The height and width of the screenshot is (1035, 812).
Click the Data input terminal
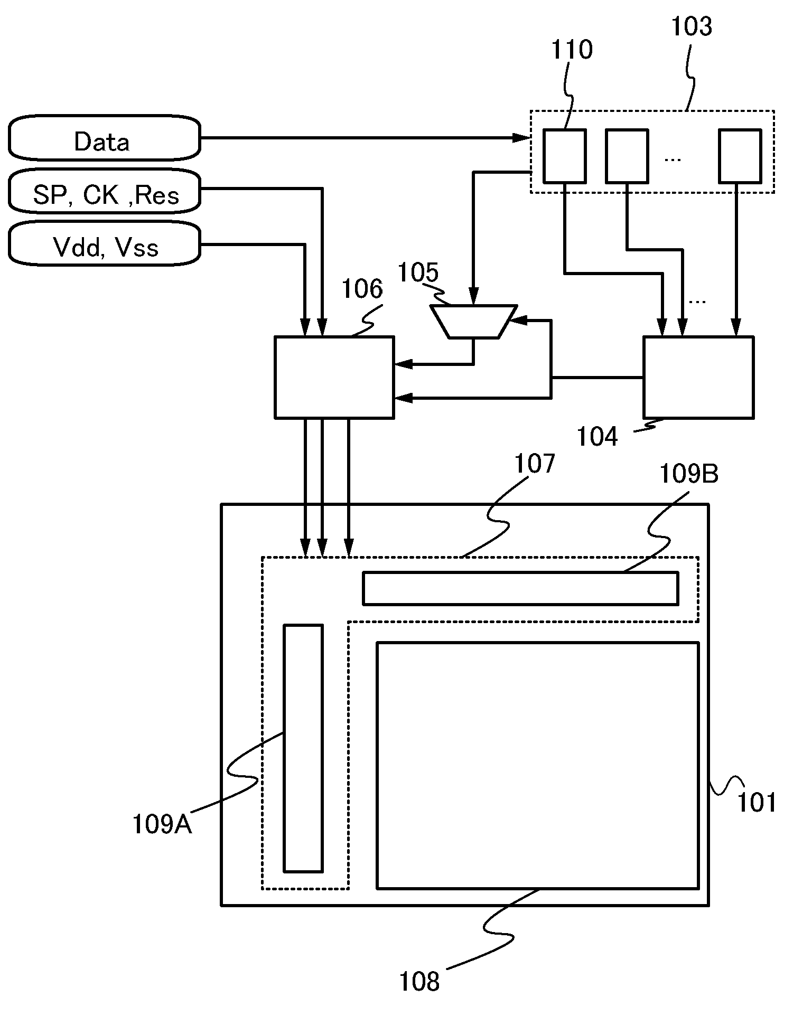104,138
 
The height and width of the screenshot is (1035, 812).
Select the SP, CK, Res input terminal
104,191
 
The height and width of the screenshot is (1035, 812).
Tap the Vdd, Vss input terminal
104,244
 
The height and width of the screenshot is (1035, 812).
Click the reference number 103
691,26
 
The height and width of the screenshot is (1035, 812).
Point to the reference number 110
572,50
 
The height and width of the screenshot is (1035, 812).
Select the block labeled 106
334,377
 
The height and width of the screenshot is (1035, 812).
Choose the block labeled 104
698,377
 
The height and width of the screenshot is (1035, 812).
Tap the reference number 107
535,463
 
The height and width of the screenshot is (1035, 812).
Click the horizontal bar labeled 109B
520,588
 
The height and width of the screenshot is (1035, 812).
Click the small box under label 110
565,156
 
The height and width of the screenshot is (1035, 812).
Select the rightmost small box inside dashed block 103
740,156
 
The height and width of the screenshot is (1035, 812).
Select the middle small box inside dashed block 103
627,156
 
